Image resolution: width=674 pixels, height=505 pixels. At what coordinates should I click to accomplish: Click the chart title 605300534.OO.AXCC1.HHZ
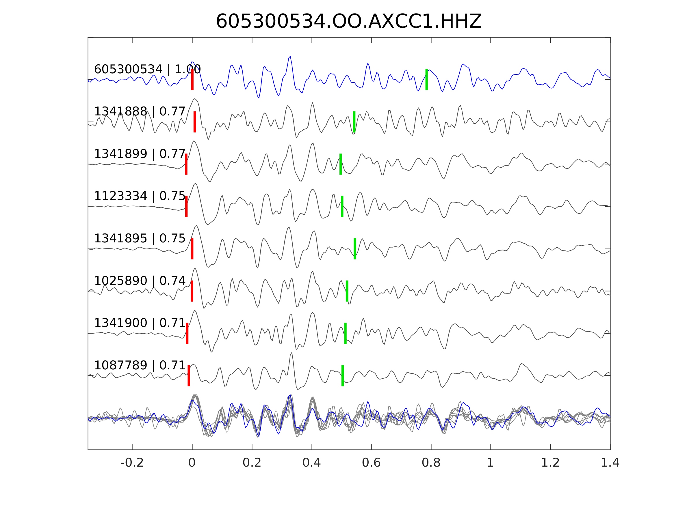pyautogui.click(x=349, y=22)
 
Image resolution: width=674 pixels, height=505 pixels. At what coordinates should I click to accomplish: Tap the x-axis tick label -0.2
pyautogui.click(x=132, y=463)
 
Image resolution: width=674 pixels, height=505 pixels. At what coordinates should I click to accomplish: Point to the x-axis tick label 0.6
pyautogui.click(x=371, y=463)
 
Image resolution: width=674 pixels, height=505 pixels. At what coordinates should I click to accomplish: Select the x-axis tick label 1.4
pyautogui.click(x=610, y=463)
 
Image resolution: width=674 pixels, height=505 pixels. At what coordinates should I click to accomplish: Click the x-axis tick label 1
pyautogui.click(x=490, y=463)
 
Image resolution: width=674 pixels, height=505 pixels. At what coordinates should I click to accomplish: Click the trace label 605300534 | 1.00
pyautogui.click(x=147, y=70)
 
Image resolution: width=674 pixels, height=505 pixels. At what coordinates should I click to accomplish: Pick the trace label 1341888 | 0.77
pyautogui.click(x=140, y=112)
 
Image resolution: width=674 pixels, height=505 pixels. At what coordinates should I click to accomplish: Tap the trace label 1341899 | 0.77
pyautogui.click(x=140, y=154)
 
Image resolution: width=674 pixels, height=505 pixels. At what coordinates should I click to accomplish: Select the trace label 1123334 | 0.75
pyautogui.click(x=140, y=196)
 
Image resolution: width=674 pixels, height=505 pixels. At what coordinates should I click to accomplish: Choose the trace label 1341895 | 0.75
pyautogui.click(x=140, y=238)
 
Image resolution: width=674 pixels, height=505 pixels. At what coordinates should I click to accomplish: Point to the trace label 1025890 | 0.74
pyautogui.click(x=140, y=281)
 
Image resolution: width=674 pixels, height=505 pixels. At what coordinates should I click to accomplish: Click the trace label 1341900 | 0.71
pyautogui.click(x=140, y=323)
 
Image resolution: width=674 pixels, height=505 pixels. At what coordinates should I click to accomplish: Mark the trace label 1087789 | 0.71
pyautogui.click(x=140, y=365)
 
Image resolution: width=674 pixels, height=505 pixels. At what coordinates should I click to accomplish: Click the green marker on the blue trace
pyautogui.click(x=427, y=79)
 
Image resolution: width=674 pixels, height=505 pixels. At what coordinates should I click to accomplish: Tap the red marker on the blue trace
pyautogui.click(x=192, y=79)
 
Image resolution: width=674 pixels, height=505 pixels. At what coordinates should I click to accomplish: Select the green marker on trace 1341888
pyautogui.click(x=354, y=122)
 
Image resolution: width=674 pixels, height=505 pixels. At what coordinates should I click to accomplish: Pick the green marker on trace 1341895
pyautogui.click(x=355, y=249)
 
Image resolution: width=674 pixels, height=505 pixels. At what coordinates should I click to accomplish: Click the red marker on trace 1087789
pyautogui.click(x=189, y=376)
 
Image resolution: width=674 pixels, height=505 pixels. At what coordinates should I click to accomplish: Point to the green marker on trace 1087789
pyautogui.click(x=342, y=376)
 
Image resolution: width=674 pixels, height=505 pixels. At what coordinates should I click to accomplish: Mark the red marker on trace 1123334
pyautogui.click(x=186, y=206)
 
